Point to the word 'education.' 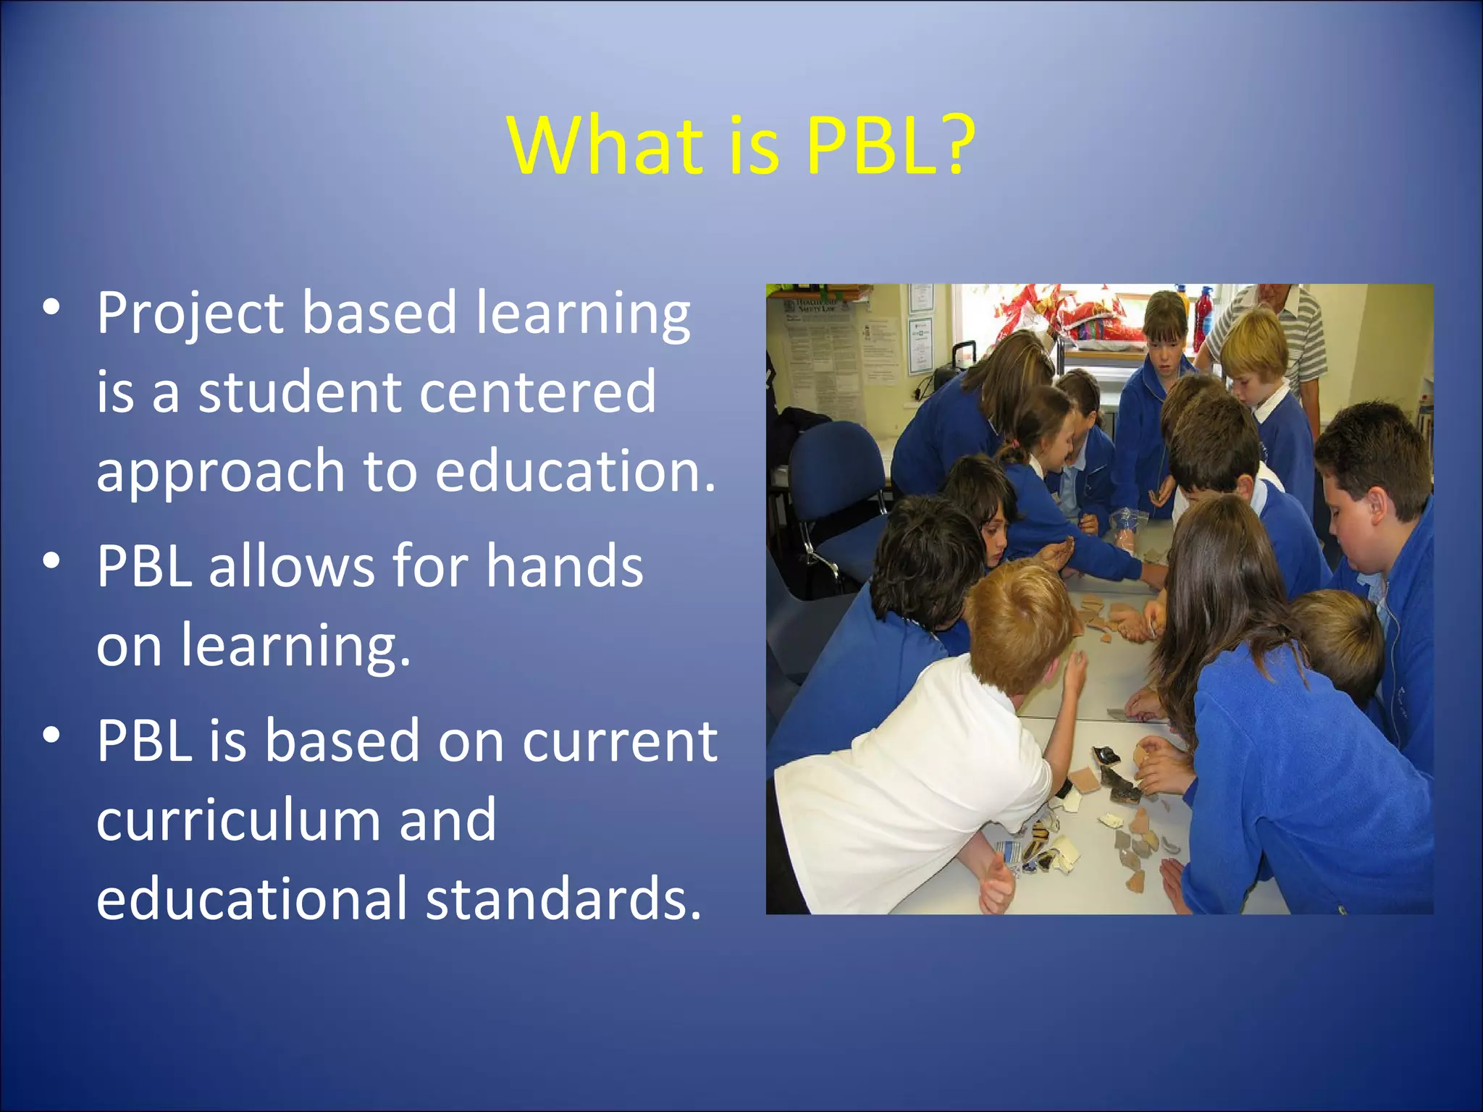pos(575,471)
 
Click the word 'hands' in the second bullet pos(564,566)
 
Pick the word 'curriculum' pos(238,820)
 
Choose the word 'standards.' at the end pos(563,899)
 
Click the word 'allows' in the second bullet pos(291,566)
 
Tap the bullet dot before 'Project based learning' pos(51,307)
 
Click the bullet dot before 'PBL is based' pos(51,735)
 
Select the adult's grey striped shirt pos(1296,333)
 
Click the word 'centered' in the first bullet pos(537,392)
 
